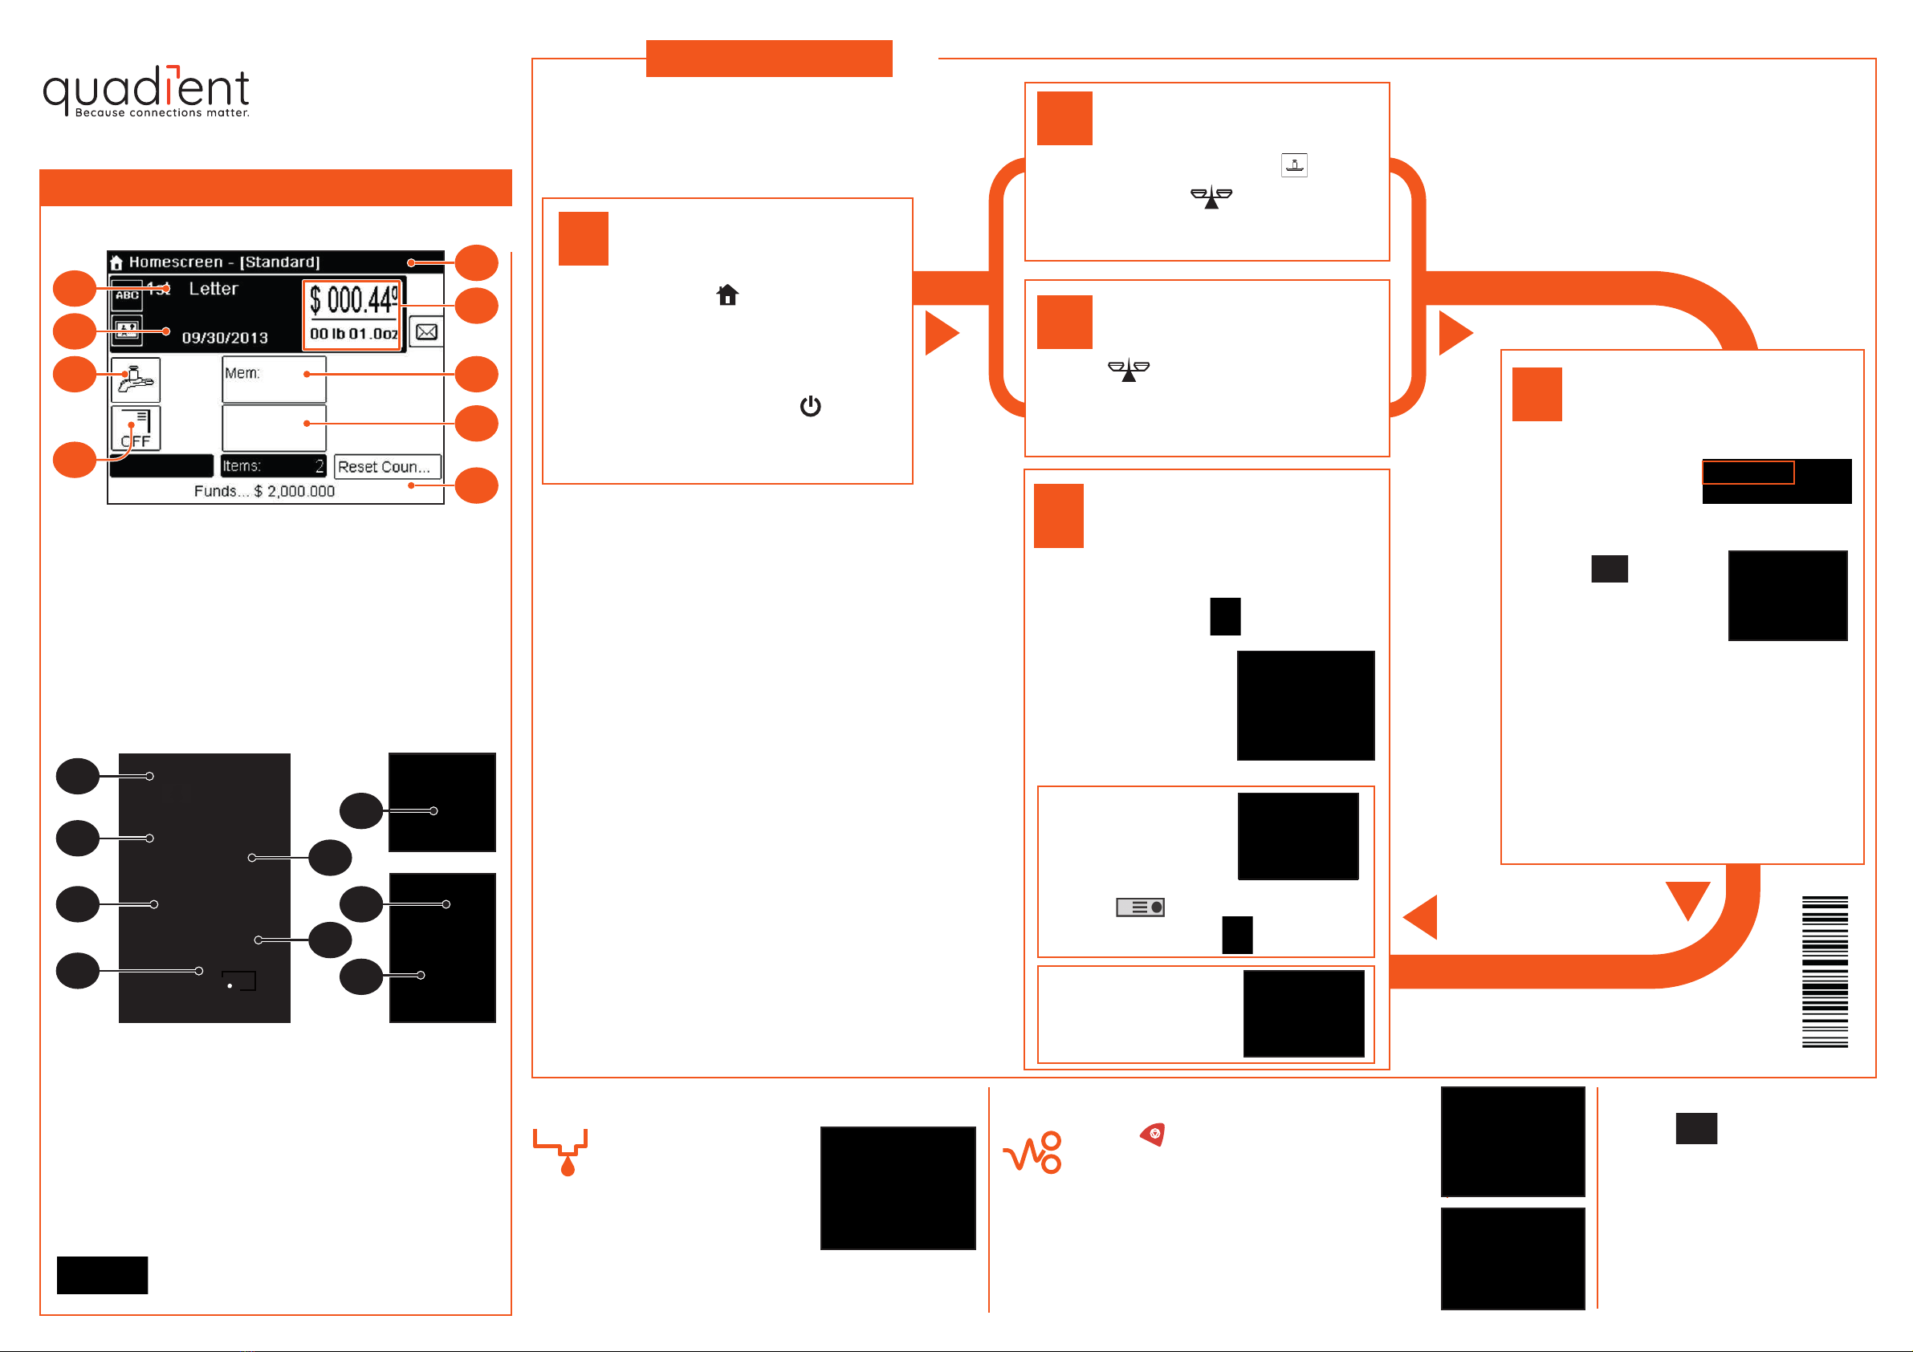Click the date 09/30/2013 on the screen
point(225,337)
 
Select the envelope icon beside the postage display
point(426,331)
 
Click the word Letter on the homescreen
point(214,289)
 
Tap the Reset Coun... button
point(387,466)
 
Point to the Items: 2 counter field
point(272,465)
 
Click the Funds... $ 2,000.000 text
point(264,492)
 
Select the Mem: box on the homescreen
point(274,379)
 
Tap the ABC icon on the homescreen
point(127,296)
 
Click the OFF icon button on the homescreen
point(135,429)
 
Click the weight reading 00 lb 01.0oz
point(353,334)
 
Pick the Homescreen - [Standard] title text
point(224,262)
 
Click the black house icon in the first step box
point(727,295)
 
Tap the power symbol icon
point(810,406)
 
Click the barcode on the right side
point(1825,972)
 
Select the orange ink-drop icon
point(562,1152)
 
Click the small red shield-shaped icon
point(1153,1134)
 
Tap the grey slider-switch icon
point(1140,907)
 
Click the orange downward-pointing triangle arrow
point(1687,898)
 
